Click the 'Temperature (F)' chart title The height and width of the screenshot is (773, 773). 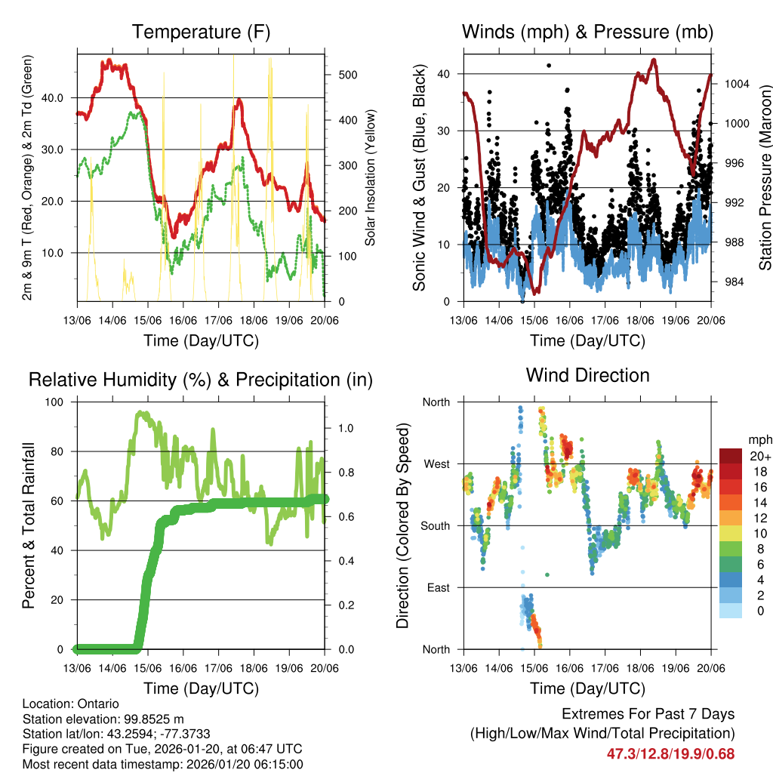[x=201, y=32]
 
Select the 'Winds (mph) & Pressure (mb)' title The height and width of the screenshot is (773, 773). [x=587, y=32]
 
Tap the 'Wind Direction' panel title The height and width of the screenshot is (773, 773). [x=587, y=375]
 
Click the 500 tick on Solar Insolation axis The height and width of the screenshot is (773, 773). [x=337, y=75]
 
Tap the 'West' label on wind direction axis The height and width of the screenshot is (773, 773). [x=436, y=463]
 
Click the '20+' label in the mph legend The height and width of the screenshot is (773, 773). [x=759, y=457]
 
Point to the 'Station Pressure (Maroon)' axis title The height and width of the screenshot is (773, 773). [x=765, y=177]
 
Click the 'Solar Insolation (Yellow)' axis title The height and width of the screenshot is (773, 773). [x=371, y=177]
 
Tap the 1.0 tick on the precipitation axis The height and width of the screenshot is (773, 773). [x=346, y=427]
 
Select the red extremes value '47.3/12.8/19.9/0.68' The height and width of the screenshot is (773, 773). [x=670, y=753]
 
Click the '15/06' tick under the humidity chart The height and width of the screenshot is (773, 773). [x=147, y=668]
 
